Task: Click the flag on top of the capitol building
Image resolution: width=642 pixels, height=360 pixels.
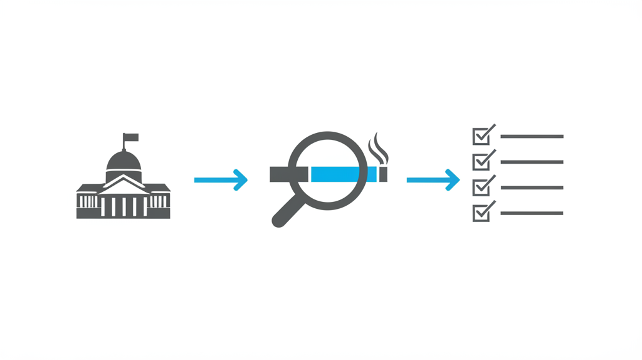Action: click(131, 137)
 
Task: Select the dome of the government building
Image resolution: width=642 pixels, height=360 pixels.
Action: click(124, 161)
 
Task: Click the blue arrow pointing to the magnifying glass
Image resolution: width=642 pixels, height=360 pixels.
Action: click(221, 180)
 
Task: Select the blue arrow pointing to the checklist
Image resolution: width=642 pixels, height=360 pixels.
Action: click(433, 180)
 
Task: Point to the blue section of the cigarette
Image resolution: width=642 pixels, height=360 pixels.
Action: click(339, 174)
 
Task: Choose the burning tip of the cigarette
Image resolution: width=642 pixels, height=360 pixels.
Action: click(384, 174)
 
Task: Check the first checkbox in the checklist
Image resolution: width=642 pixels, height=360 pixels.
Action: click(481, 136)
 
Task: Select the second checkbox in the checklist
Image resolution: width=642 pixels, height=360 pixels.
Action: click(481, 162)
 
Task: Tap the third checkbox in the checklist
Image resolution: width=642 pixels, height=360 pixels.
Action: click(481, 188)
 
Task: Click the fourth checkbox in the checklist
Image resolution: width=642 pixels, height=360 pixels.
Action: click(481, 213)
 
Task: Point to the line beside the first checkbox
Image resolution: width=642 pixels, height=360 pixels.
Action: click(532, 136)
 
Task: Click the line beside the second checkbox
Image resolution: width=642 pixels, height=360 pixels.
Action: click(532, 162)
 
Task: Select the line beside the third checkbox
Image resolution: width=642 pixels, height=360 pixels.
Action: click(532, 188)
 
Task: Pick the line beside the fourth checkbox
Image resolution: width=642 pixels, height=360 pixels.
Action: click(532, 213)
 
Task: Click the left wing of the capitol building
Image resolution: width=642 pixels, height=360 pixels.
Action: click(88, 201)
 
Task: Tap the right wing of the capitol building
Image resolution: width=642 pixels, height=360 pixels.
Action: click(159, 201)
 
